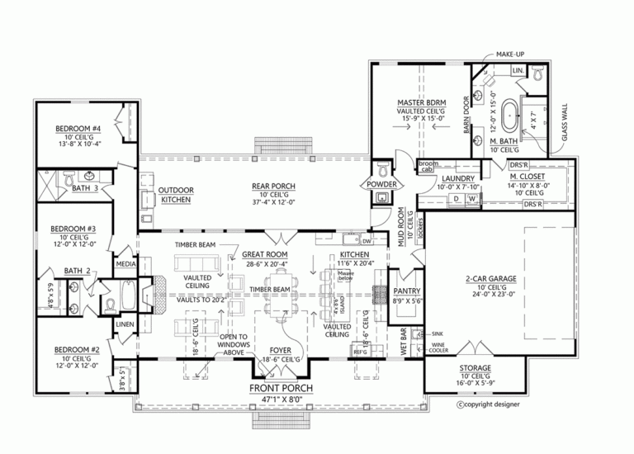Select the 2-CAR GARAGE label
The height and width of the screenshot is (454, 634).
click(x=490, y=279)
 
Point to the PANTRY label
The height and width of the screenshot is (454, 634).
click(x=408, y=291)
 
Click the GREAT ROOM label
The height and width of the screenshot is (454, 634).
click(x=264, y=254)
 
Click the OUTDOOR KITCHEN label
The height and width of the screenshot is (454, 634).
click(x=176, y=195)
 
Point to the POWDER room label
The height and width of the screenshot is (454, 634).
click(x=383, y=184)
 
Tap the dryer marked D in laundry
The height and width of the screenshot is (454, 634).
click(x=456, y=199)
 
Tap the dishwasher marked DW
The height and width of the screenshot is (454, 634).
click(x=366, y=241)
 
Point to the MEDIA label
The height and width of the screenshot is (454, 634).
click(x=126, y=265)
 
